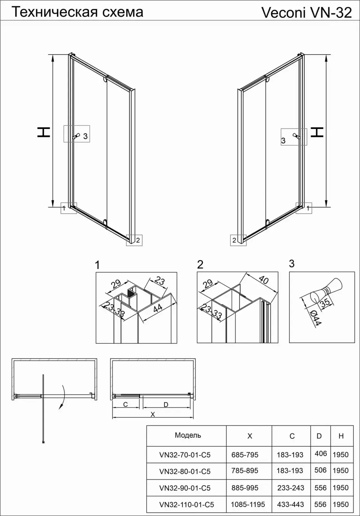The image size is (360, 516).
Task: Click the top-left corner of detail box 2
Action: [x=197, y=272]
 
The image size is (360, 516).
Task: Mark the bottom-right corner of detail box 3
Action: [x=355, y=343]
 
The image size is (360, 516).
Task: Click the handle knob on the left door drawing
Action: [x=76, y=136]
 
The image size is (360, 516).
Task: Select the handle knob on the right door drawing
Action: [x=296, y=136]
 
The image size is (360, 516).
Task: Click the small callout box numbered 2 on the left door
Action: [x=135, y=240]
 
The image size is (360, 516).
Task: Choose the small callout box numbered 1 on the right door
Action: [x=304, y=208]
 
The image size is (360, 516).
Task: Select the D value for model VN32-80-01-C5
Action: [x=320, y=470]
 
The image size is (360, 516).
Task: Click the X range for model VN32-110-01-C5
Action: [x=248, y=504]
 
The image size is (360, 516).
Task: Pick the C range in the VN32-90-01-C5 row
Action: [x=291, y=488]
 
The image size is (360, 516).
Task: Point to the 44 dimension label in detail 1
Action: [x=158, y=308]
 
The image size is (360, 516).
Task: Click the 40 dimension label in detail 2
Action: [x=264, y=280]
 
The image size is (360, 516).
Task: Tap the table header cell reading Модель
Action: [x=188, y=435]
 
